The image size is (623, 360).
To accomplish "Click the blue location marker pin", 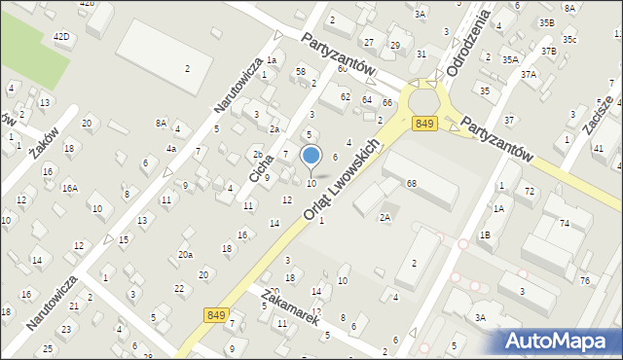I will click(x=311, y=156).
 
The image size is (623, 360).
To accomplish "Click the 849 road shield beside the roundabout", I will click(x=423, y=124).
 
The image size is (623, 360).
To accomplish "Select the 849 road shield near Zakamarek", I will click(x=217, y=315).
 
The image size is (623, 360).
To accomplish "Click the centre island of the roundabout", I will click(x=425, y=99).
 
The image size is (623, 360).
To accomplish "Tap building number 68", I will click(x=412, y=184).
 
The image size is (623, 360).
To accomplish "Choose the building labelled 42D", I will click(x=61, y=36).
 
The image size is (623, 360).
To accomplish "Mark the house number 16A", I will click(x=69, y=188).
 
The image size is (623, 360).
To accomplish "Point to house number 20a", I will click(x=184, y=255).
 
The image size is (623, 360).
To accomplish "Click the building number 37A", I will click(x=529, y=74).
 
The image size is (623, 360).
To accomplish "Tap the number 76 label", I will click(x=584, y=280).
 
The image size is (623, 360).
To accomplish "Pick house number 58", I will click(x=301, y=71).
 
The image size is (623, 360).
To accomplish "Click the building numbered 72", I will click(x=529, y=191).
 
